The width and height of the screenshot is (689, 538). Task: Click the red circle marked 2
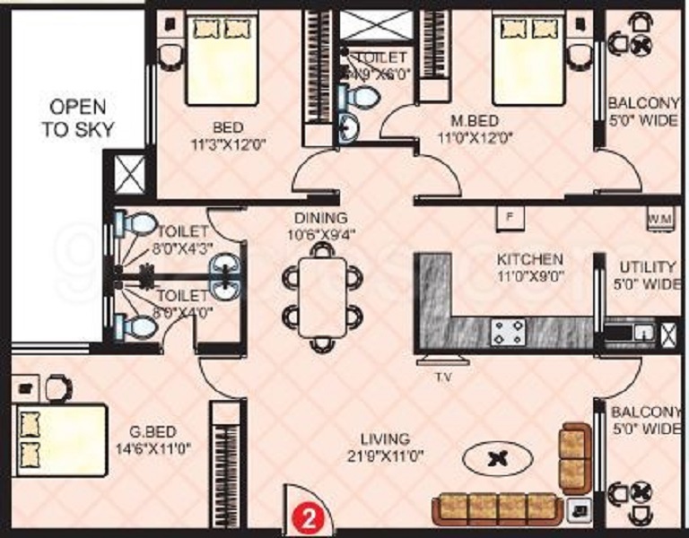308,516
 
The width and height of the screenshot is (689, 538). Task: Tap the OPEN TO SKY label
78,117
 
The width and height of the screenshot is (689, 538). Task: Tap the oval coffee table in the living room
496,460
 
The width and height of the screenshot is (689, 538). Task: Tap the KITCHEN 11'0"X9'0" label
530,267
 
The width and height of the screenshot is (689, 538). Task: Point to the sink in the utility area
643,333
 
